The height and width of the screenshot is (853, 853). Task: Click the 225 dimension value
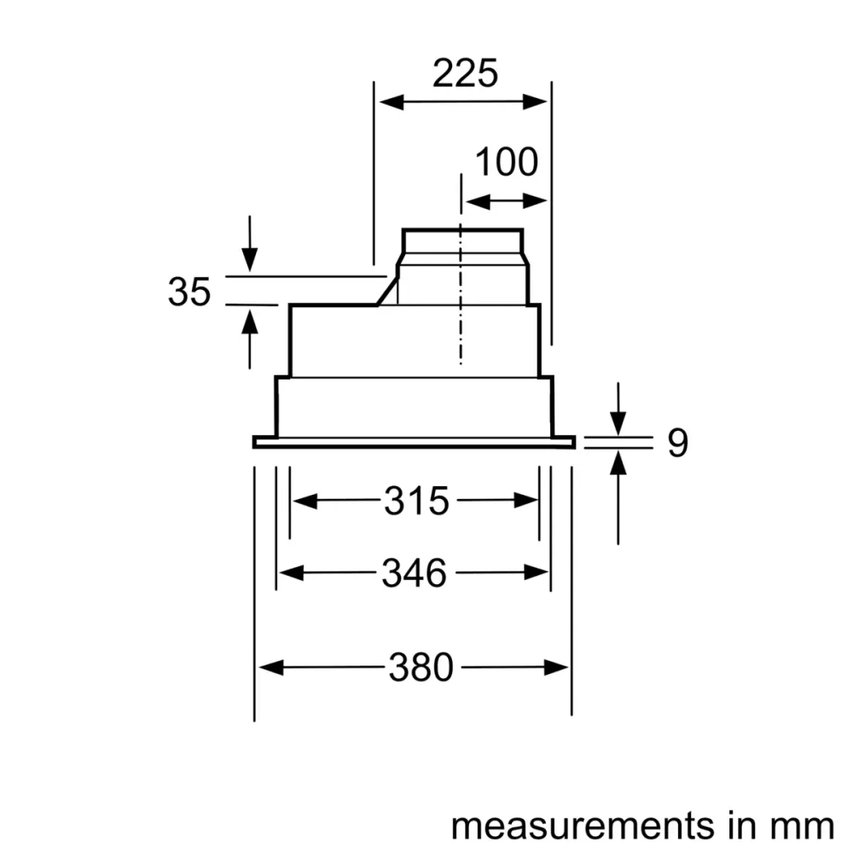pyautogui.click(x=464, y=74)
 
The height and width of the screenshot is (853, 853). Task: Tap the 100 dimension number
pyautogui.click(x=506, y=162)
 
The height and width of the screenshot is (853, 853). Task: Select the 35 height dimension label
pyautogui.click(x=189, y=293)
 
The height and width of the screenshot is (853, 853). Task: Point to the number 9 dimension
pyautogui.click(x=676, y=444)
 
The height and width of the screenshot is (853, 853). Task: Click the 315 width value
pyautogui.click(x=415, y=502)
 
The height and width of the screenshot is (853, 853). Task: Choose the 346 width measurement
pyautogui.click(x=414, y=574)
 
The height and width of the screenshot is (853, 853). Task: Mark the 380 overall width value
pyautogui.click(x=421, y=667)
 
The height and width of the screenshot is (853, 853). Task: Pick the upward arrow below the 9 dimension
pyautogui.click(x=618, y=462)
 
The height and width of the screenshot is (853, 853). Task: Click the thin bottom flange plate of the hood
pyautogui.click(x=414, y=442)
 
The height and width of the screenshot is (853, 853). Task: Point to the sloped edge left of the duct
pyautogui.click(x=387, y=290)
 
